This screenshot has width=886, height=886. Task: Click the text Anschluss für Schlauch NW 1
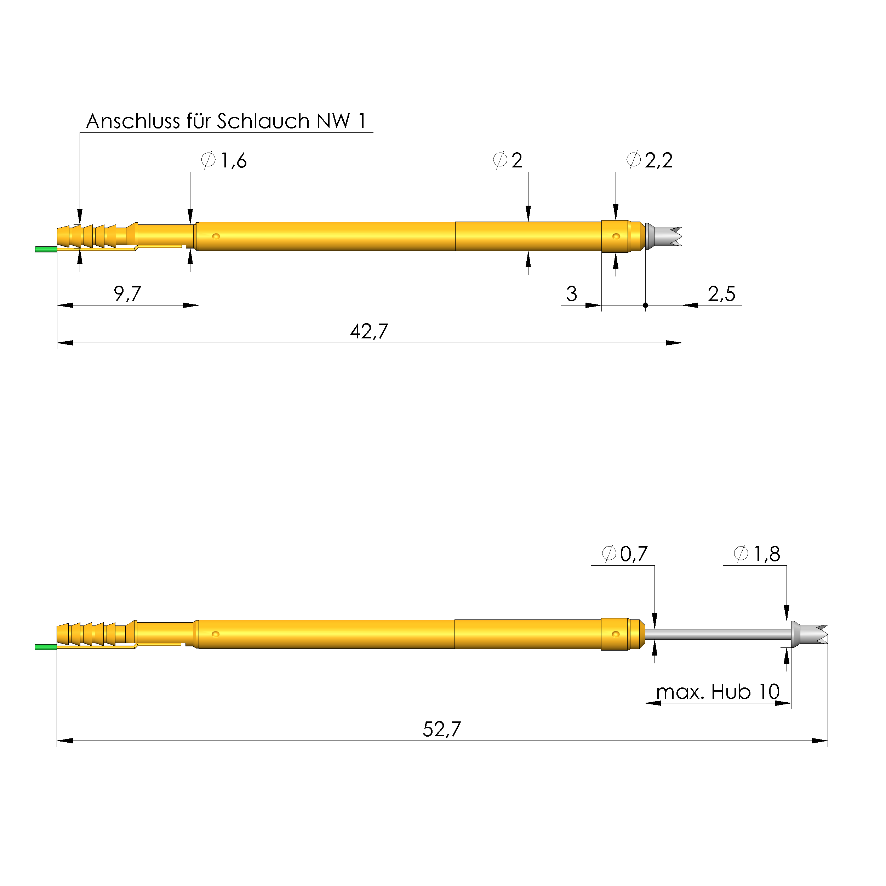coord(226,121)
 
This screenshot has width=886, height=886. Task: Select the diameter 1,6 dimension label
coord(225,160)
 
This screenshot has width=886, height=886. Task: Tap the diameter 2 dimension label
coord(508,160)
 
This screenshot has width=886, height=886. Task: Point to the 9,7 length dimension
coord(127,293)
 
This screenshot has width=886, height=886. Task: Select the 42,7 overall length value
coord(369,331)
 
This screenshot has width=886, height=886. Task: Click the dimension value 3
coord(571,294)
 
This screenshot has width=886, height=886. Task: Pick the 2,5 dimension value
coord(721,294)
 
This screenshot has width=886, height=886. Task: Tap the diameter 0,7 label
coord(625,554)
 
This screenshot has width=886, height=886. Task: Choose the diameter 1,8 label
coord(757,554)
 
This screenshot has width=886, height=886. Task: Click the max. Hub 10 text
coord(718,692)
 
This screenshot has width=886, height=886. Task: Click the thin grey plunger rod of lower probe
coord(718,635)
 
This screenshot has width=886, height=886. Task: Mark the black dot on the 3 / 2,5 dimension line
coord(645,305)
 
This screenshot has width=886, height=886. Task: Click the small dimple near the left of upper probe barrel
coord(216,236)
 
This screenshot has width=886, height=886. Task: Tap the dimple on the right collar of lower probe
coord(616,634)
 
